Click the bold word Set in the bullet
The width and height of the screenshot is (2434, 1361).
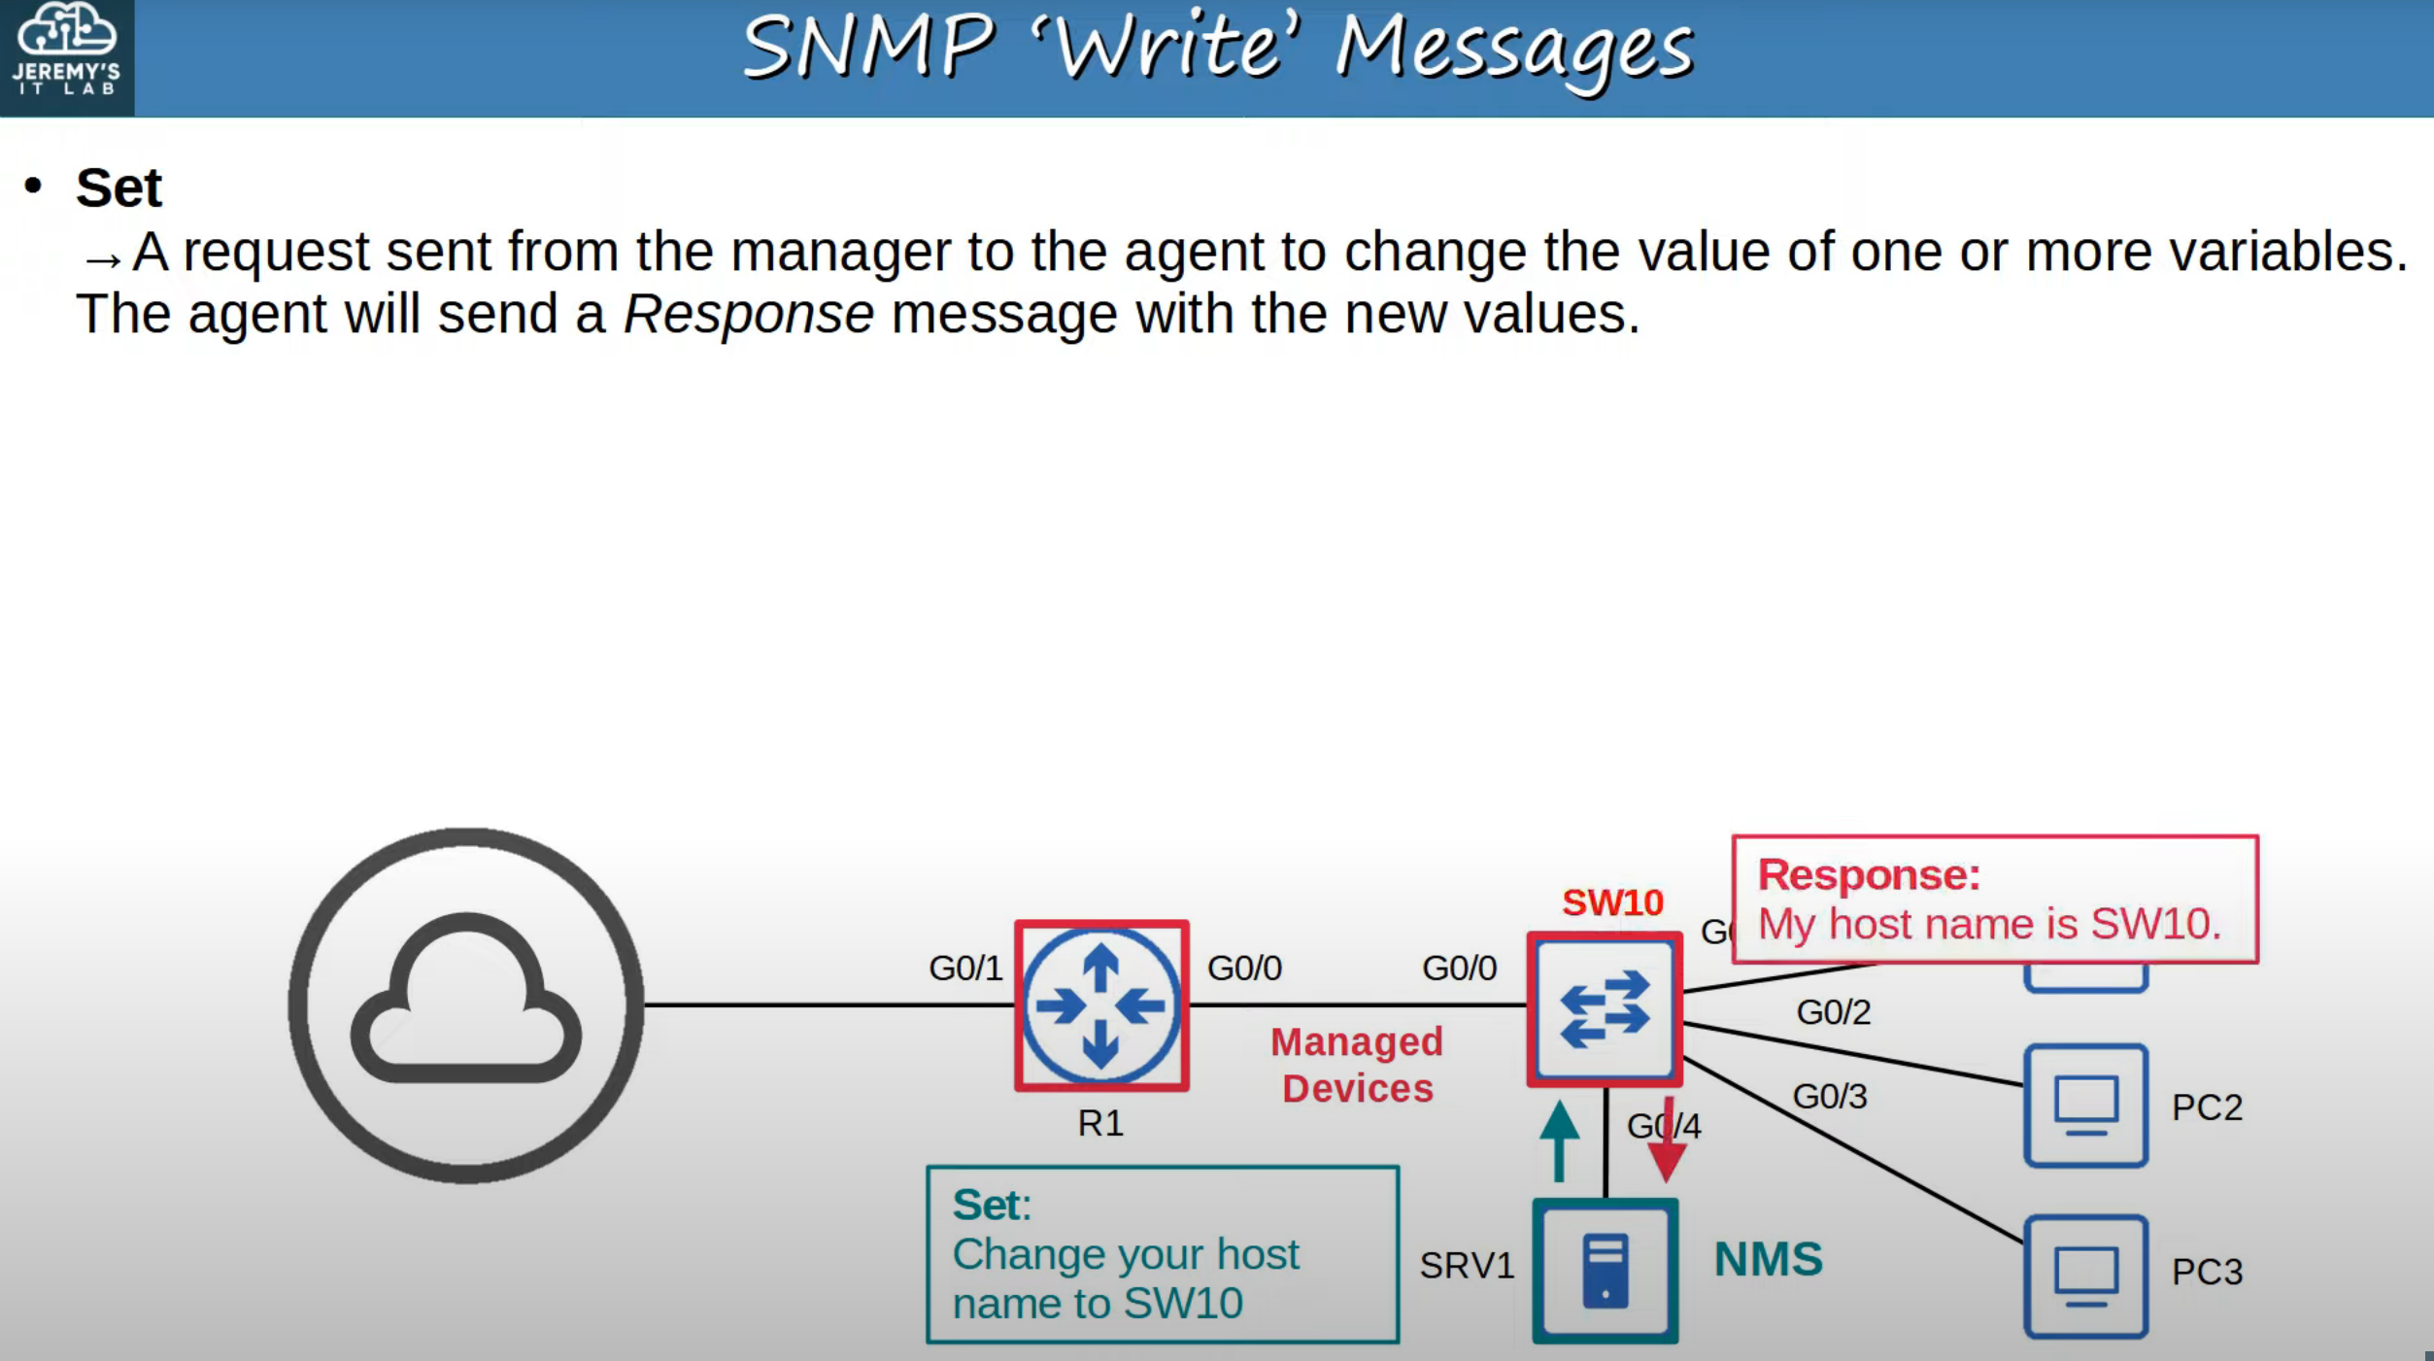[118, 187]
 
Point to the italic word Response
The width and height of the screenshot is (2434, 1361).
[748, 314]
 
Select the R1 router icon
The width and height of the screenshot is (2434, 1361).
[1101, 1005]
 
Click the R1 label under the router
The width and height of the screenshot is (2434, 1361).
[1099, 1123]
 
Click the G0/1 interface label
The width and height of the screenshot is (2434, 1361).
[964, 968]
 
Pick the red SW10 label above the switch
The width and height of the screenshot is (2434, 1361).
[1612, 902]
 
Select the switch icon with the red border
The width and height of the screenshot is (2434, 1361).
[1605, 1009]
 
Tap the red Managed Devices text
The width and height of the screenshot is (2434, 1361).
[1357, 1065]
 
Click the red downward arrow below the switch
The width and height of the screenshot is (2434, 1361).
[1667, 1142]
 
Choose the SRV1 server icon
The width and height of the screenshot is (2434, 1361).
[1605, 1270]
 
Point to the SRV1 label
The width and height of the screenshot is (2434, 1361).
[1466, 1266]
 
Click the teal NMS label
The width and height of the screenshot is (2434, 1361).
[1768, 1259]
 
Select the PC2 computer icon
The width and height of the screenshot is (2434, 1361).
[2085, 1106]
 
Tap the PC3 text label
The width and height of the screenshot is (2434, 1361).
[2207, 1272]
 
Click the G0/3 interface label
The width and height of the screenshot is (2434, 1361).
[1829, 1096]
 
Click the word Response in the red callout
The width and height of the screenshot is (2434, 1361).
[1869, 874]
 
